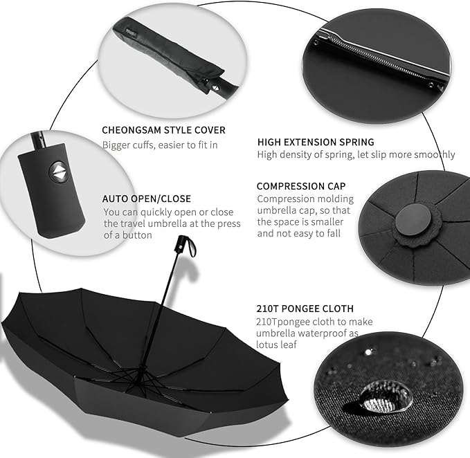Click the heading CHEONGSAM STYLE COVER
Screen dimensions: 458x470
163,130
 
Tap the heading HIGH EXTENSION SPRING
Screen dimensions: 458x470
316,142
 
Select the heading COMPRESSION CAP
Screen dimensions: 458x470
301,186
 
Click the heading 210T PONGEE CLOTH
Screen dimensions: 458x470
305,309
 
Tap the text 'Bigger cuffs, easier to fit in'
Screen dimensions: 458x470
160,145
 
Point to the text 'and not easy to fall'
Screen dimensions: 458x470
301,234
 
